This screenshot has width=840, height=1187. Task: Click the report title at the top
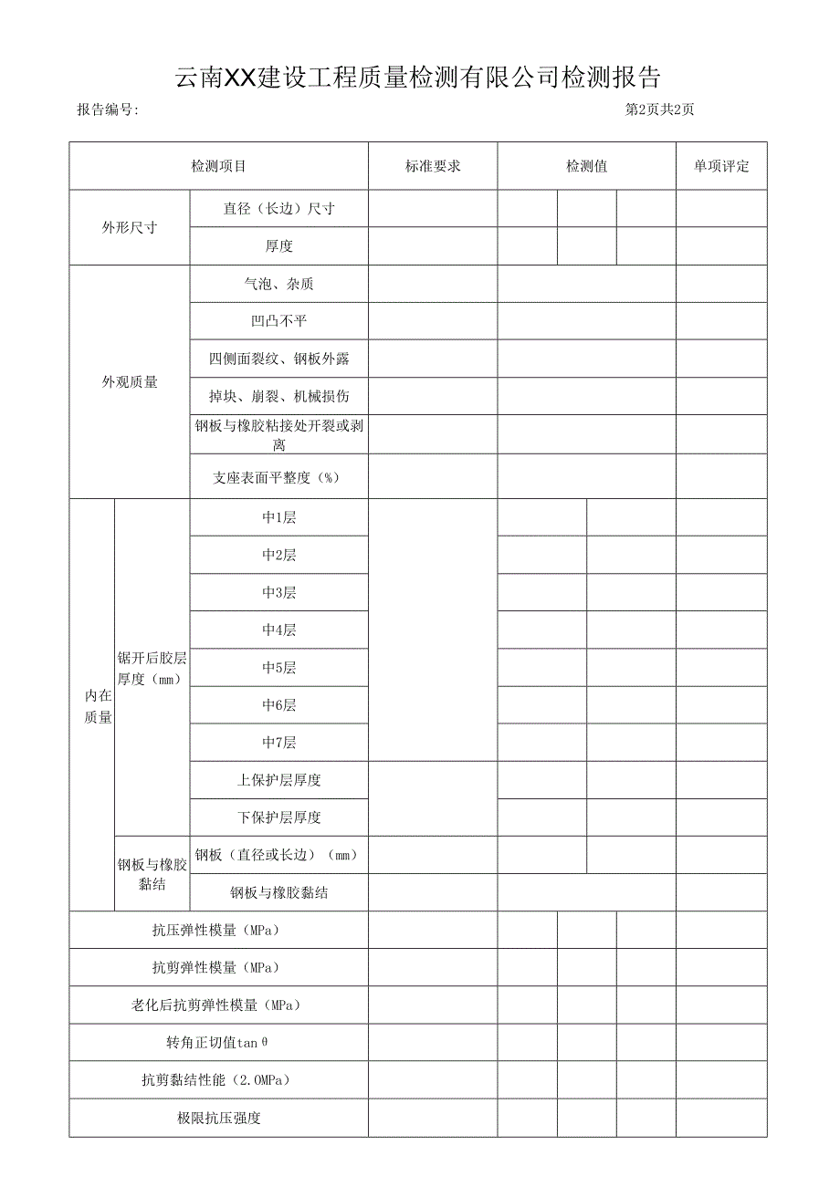pyautogui.click(x=419, y=78)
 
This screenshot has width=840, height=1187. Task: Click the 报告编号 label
pyautogui.click(x=108, y=110)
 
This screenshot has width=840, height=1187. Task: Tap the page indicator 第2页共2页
pyautogui.click(x=659, y=110)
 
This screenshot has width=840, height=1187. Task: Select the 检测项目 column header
pyautogui.click(x=218, y=166)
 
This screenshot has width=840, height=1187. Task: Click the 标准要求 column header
pyautogui.click(x=433, y=166)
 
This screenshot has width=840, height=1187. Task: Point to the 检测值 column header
pyautogui.click(x=586, y=166)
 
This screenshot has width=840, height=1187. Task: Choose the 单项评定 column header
pyautogui.click(x=721, y=166)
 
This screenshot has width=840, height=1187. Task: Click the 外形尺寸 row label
pyautogui.click(x=130, y=227)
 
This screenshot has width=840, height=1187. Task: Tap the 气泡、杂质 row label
pyautogui.click(x=278, y=285)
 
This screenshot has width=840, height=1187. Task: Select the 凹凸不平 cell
pyautogui.click(x=278, y=322)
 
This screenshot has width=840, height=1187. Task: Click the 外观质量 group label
pyautogui.click(x=130, y=382)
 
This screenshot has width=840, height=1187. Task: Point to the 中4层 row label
pyautogui.click(x=278, y=630)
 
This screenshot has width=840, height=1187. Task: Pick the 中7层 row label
pyautogui.click(x=278, y=742)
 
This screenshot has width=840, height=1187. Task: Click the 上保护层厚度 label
pyautogui.click(x=278, y=780)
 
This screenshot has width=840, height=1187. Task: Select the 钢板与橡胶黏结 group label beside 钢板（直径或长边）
pyautogui.click(x=152, y=873)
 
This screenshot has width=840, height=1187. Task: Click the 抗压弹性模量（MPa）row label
pyautogui.click(x=218, y=931)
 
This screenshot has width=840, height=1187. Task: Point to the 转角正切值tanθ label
pyautogui.click(x=218, y=1042)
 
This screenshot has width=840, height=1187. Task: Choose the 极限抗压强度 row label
pyautogui.click(x=218, y=1118)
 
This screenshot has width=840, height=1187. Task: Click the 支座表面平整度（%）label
pyautogui.click(x=278, y=477)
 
